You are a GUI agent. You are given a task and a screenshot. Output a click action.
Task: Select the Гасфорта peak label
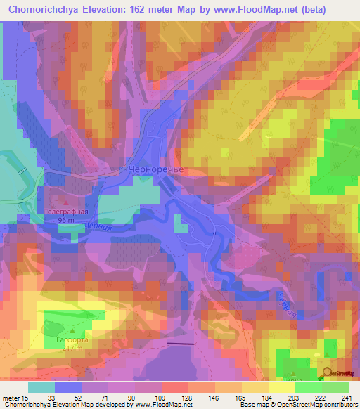[x=73, y=339]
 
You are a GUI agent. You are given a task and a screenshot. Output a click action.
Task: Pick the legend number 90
[x=126, y=398]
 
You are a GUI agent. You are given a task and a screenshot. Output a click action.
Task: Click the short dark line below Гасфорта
[x=181, y=344]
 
